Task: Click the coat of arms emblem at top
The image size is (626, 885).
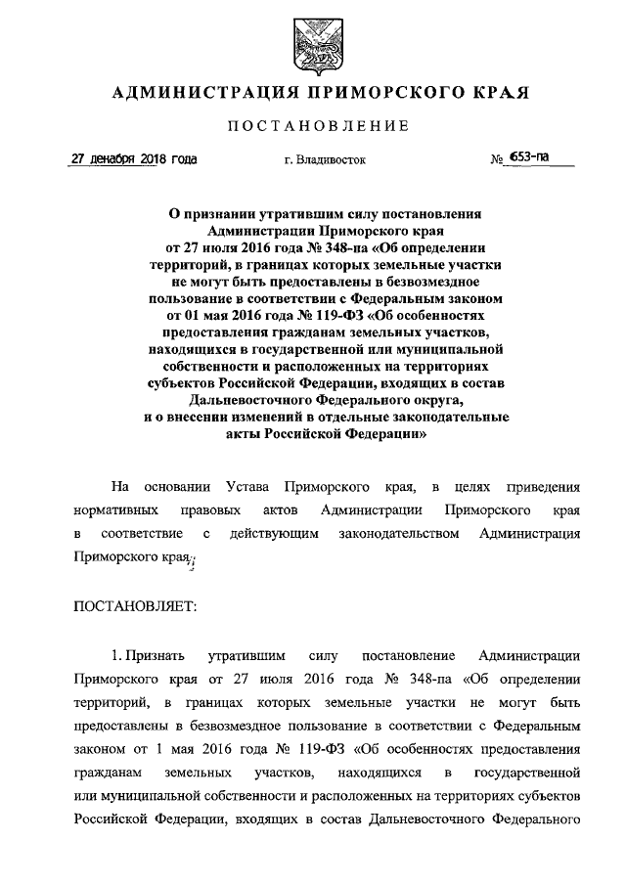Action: [x=312, y=46]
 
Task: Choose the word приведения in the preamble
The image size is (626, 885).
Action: [x=543, y=486]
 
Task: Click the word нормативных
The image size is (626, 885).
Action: [x=115, y=510]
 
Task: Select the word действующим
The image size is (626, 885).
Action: [x=278, y=535]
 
